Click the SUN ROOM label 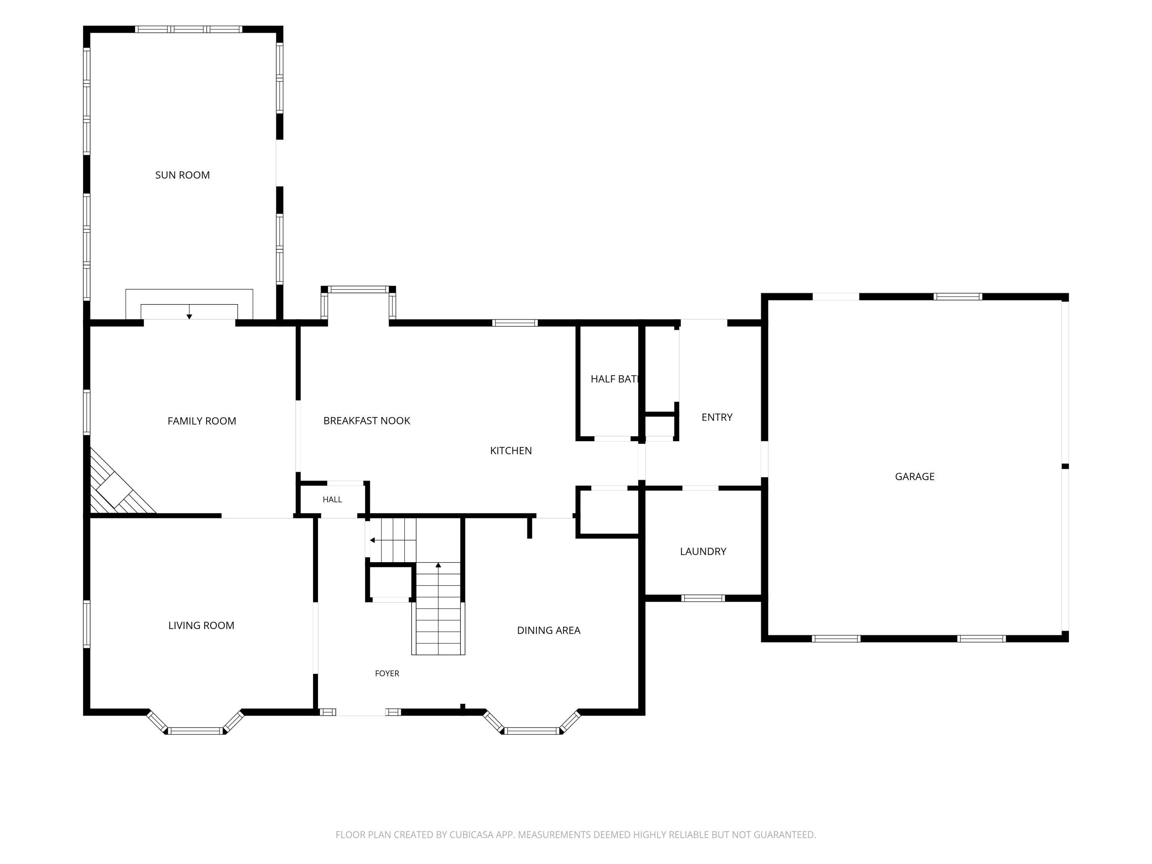pyautogui.click(x=182, y=175)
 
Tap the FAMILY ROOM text pyautogui.click(x=202, y=421)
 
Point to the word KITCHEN pyautogui.click(x=511, y=450)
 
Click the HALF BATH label pyautogui.click(x=614, y=379)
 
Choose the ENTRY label pyautogui.click(x=717, y=417)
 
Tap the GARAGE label pyautogui.click(x=915, y=476)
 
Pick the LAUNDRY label pyautogui.click(x=703, y=551)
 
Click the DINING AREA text pyautogui.click(x=548, y=630)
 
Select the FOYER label pyautogui.click(x=387, y=674)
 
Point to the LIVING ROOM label pyautogui.click(x=201, y=626)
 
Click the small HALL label pyautogui.click(x=332, y=500)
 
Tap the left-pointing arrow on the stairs pyautogui.click(x=372, y=540)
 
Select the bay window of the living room pyautogui.click(x=195, y=723)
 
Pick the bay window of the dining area pyautogui.click(x=532, y=723)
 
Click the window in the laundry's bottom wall pyautogui.click(x=703, y=598)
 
